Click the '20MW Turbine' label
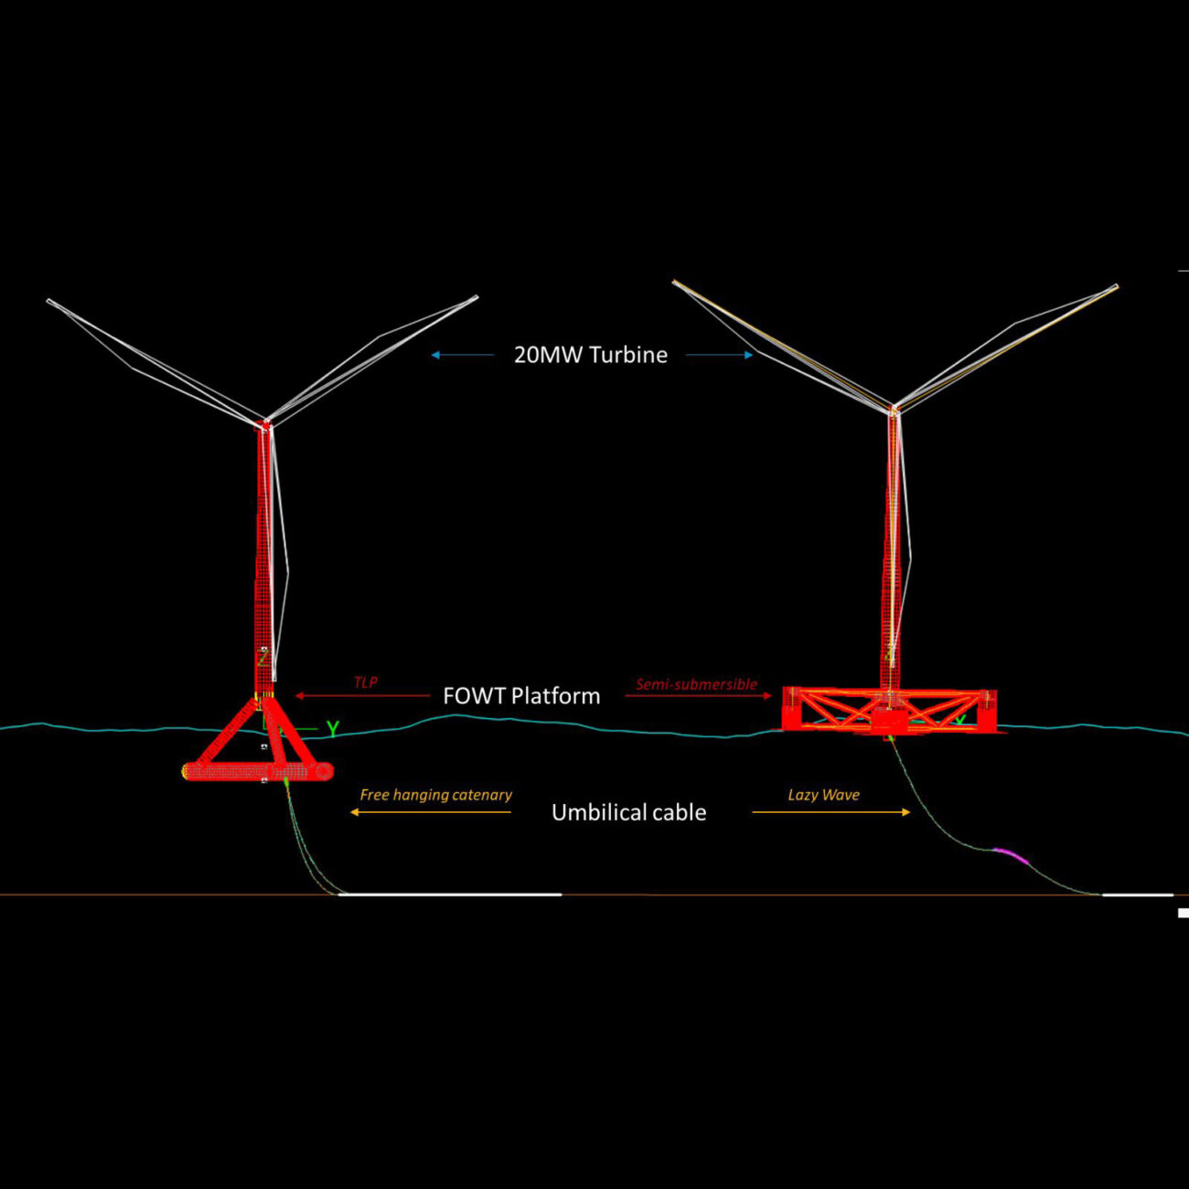tap(590, 355)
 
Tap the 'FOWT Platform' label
tap(521, 696)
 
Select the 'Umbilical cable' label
tap(628, 812)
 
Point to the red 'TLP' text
tap(366, 682)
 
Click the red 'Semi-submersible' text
tap(696, 684)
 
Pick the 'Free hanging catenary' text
tap(435, 795)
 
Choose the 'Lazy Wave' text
tap(823, 795)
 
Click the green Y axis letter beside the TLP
tap(333, 729)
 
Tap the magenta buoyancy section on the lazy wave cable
tap(1011, 854)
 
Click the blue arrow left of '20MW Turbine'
tap(462, 355)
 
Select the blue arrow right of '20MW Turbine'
tap(720, 355)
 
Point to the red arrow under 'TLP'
tap(362, 696)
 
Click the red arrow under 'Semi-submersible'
tap(699, 696)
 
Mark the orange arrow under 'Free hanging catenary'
tap(431, 812)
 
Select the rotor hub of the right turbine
tap(894, 408)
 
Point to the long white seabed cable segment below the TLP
tap(450, 894)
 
